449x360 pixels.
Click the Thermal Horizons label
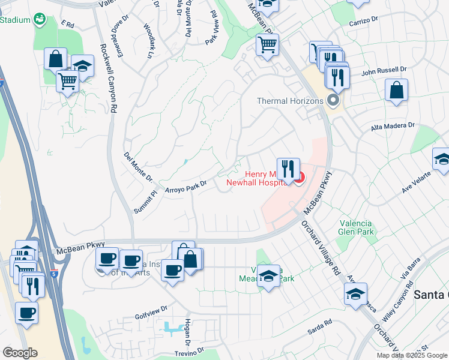click(290, 101)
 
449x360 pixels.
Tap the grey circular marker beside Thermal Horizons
click(332, 101)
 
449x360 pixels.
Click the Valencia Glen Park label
click(357, 227)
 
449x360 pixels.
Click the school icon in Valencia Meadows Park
click(269, 276)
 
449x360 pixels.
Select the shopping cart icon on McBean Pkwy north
click(267, 44)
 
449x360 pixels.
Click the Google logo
click(20, 353)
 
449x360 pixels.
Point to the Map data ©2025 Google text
click(411, 355)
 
